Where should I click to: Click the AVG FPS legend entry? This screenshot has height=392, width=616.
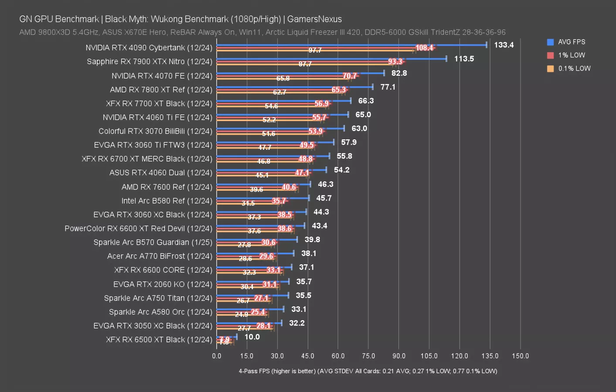click(571, 42)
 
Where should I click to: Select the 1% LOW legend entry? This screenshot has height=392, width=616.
click(571, 55)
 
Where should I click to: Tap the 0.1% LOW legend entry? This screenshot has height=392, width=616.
click(574, 68)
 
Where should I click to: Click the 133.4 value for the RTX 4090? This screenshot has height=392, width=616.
click(504, 45)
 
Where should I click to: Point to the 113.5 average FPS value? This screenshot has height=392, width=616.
click(464, 59)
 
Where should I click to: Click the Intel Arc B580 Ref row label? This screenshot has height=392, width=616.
click(167, 201)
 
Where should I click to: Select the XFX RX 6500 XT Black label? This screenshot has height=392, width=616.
click(159, 340)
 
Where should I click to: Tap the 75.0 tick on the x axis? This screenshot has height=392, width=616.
click(368, 356)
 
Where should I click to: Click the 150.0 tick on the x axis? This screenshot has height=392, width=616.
click(520, 356)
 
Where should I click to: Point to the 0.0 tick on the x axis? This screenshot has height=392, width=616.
click(217, 356)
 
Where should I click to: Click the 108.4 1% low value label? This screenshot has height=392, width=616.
click(424, 48)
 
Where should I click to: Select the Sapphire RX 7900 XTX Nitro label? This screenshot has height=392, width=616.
click(149, 61)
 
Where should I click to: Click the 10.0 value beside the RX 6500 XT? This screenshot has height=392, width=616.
click(252, 337)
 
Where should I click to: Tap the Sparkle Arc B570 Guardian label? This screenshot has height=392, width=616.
click(153, 242)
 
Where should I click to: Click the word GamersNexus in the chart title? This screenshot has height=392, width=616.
click(314, 19)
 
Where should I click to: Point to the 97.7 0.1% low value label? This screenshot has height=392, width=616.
click(315, 50)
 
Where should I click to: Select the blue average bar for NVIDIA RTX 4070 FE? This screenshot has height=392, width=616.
click(300, 73)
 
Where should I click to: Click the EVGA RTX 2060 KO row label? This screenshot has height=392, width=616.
click(163, 284)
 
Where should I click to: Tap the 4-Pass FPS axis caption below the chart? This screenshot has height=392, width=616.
click(368, 371)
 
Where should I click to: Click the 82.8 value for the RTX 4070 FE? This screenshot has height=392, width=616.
click(399, 73)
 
